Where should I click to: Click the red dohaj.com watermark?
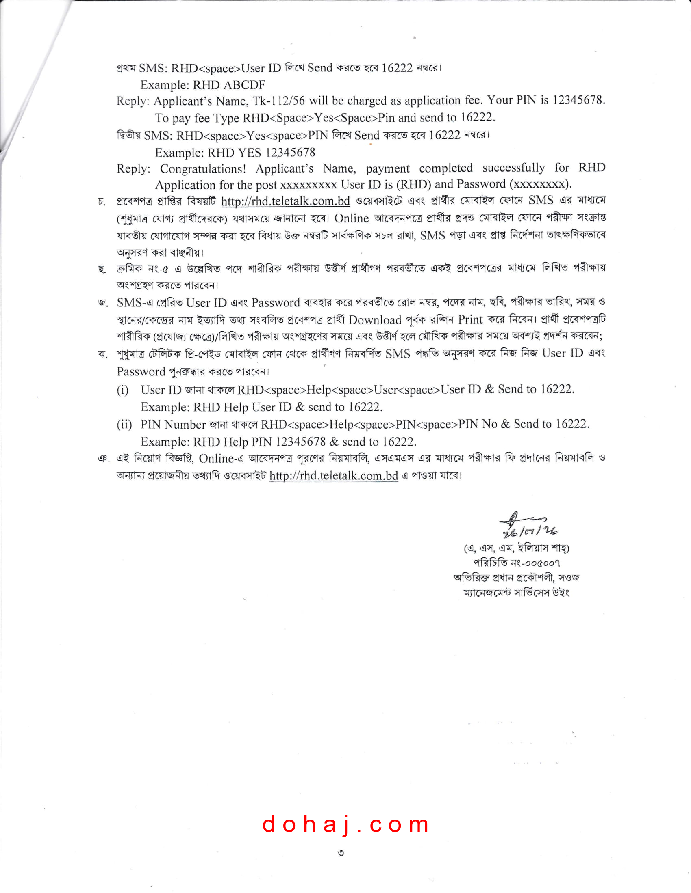345,825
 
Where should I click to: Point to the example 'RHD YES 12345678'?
261,153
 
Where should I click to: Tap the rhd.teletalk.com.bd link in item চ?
285,201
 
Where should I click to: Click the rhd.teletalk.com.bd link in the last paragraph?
334,476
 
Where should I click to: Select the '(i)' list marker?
123,390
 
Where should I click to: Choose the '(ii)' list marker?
124,425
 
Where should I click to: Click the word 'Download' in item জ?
375,320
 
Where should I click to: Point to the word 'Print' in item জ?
470,319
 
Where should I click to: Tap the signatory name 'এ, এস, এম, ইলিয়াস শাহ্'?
516,548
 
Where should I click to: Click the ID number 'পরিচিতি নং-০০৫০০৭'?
516,563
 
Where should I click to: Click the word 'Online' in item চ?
351,218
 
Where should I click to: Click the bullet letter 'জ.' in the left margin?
103,303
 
